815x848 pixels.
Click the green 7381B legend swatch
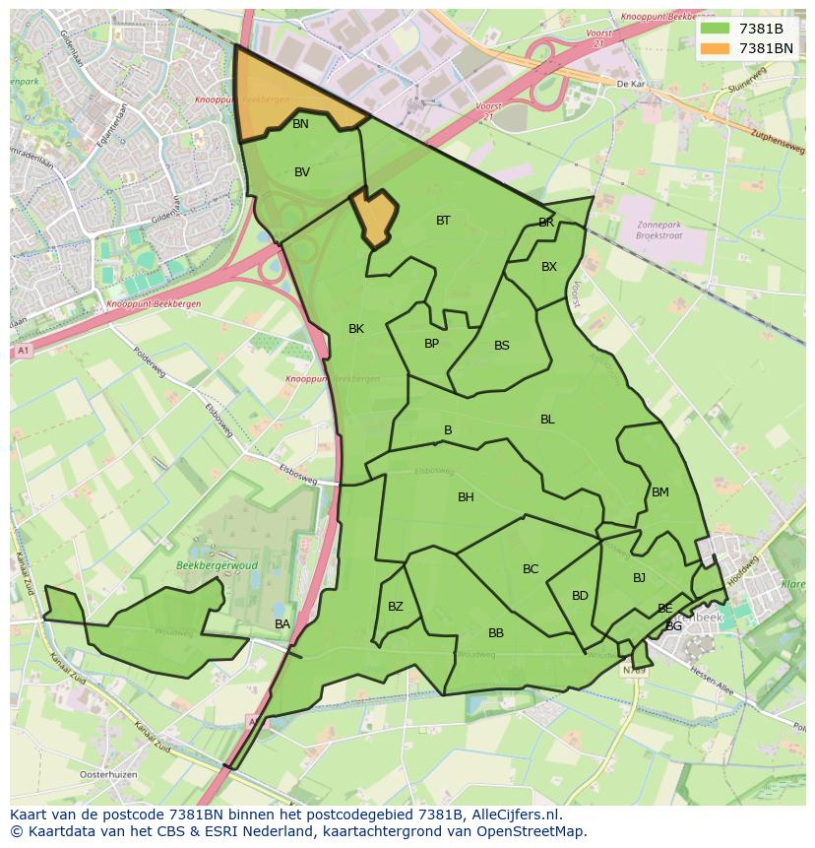click(715, 28)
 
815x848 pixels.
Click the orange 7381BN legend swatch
click(715, 47)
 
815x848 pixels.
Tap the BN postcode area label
click(300, 124)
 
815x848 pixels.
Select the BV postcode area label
click(302, 172)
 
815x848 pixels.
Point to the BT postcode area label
click(443, 221)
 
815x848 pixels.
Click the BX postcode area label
click(549, 267)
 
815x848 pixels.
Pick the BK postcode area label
click(356, 329)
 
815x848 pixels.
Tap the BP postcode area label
click(431, 344)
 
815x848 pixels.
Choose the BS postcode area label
click(502, 346)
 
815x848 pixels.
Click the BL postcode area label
click(547, 420)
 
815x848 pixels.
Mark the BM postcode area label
click(659, 492)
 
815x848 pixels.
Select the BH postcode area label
click(466, 497)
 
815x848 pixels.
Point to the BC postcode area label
click(531, 569)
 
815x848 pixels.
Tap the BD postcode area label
click(580, 596)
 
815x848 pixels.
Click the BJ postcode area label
click(639, 578)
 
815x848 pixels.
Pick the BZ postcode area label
click(396, 607)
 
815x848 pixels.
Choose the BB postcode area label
click(496, 633)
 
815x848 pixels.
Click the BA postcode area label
click(282, 624)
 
